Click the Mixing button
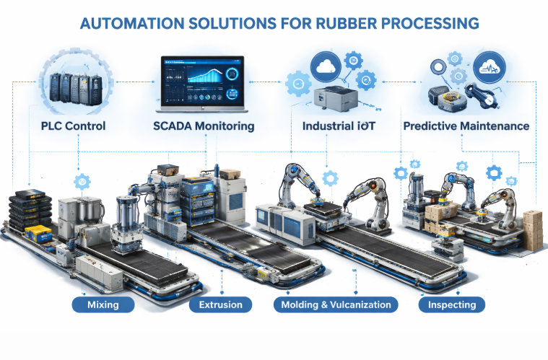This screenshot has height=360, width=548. pyautogui.click(x=103, y=304)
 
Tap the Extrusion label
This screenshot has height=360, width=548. pyautogui.click(x=220, y=304)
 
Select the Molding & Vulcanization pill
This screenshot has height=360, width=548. pyautogui.click(x=336, y=304)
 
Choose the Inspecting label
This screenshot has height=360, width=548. pyautogui.click(x=452, y=304)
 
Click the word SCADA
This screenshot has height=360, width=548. pyautogui.click(x=172, y=126)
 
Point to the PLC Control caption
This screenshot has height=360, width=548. pyautogui.click(x=73, y=126)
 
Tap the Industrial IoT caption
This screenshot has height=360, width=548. pyautogui.click(x=339, y=126)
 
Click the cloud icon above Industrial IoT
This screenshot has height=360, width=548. pyautogui.click(x=326, y=66)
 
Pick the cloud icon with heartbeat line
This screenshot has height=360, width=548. pyautogui.click(x=490, y=67)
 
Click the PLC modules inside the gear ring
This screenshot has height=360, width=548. pyautogui.click(x=76, y=88)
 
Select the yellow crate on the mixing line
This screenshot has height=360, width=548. pyautogui.click(x=38, y=233)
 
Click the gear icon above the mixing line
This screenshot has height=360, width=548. pyautogui.click(x=82, y=182)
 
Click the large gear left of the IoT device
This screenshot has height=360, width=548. pyautogui.click(x=298, y=84)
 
